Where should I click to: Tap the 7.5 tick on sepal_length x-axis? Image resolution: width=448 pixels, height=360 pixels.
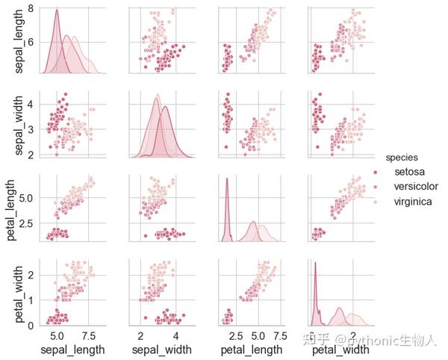88,335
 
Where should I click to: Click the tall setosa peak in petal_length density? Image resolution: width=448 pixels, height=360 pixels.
225,178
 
